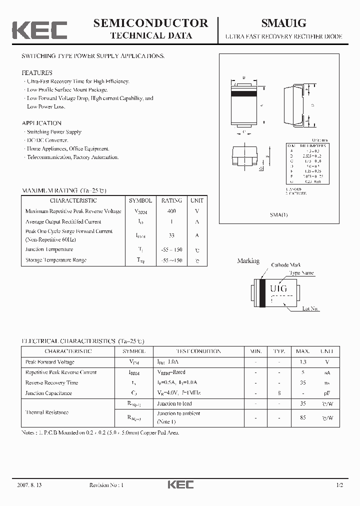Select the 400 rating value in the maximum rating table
click(171, 211)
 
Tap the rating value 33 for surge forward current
click(171, 235)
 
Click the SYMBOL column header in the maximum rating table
click(140, 200)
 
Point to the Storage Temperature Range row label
click(56, 260)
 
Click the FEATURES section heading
click(37, 73)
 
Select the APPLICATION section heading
click(41, 123)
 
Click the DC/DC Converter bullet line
click(47, 140)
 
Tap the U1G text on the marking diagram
click(278, 288)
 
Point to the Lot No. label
click(310, 308)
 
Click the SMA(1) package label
click(279, 214)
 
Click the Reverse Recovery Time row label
click(51, 382)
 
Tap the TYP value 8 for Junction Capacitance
click(279, 393)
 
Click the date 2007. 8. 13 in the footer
click(29, 485)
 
